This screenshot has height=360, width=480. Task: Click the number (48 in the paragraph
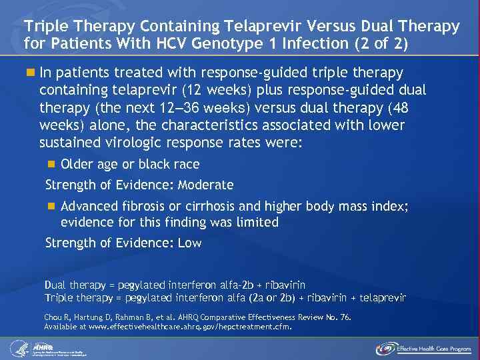(x=411, y=107)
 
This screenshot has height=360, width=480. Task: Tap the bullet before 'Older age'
(x=53, y=164)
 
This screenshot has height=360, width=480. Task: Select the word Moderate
(x=207, y=185)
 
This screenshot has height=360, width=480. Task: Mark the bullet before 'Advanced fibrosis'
(x=53, y=207)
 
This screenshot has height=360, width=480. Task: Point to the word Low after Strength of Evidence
(x=189, y=243)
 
